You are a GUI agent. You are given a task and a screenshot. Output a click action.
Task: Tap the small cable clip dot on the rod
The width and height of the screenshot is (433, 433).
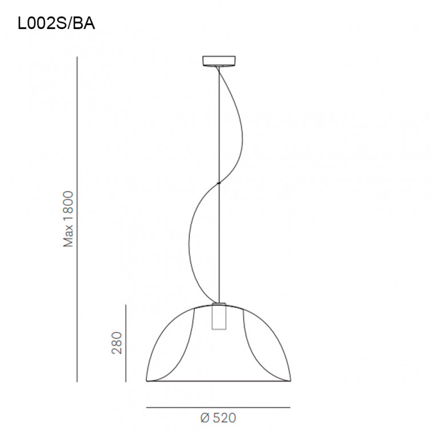(218, 183)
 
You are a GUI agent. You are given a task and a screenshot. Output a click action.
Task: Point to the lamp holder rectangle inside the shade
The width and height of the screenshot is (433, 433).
(218, 316)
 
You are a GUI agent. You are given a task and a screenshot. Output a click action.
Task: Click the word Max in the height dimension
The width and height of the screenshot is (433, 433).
(69, 235)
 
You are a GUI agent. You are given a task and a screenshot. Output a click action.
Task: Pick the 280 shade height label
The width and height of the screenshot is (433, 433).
(117, 342)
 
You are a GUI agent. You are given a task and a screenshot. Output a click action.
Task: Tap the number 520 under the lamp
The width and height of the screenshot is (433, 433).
(224, 418)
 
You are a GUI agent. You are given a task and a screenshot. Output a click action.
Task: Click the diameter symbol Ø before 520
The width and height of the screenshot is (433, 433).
(206, 418)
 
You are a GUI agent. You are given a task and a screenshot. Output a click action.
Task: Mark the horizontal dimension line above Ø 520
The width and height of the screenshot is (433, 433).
(218, 407)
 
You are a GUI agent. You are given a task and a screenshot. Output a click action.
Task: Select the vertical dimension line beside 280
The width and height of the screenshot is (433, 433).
(126, 343)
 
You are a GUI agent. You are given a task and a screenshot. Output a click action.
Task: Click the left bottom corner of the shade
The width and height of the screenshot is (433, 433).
(147, 380)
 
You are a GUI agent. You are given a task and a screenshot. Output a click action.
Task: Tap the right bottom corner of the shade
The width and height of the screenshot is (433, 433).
(290, 380)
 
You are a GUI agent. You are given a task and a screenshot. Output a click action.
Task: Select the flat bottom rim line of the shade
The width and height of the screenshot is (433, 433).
(218, 381)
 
